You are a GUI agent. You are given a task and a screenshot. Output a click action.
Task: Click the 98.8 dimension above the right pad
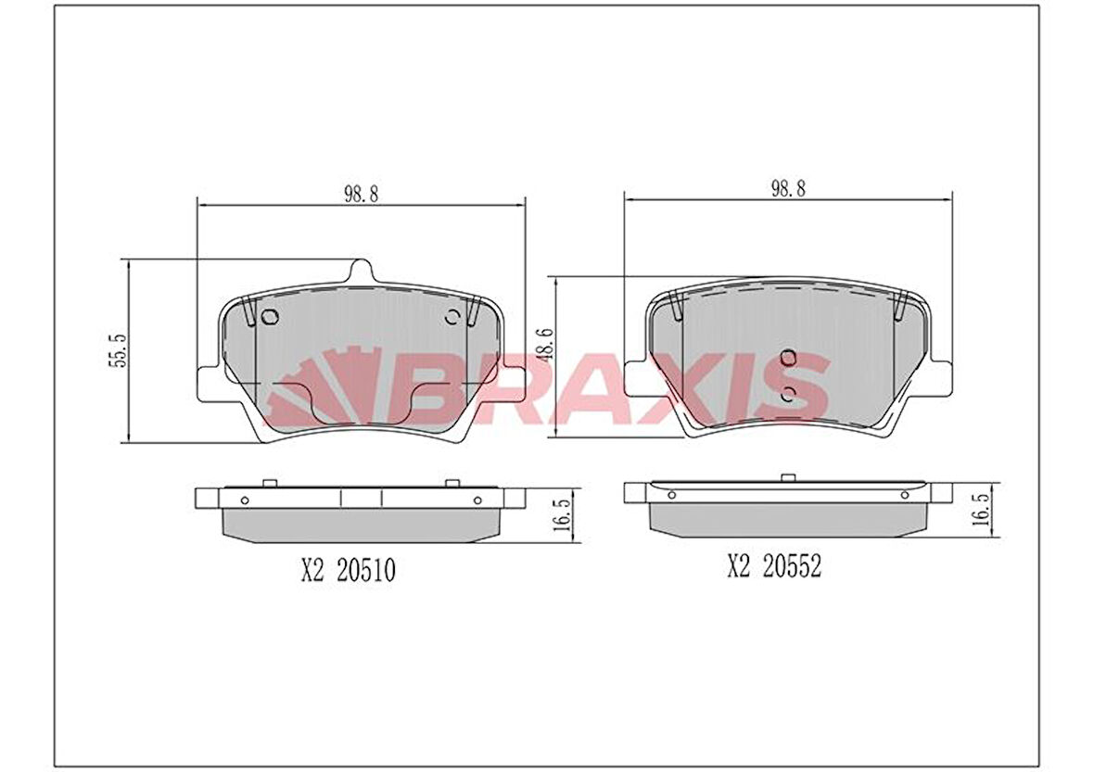point(787,188)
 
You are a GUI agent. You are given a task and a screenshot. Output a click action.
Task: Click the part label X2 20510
point(348,572)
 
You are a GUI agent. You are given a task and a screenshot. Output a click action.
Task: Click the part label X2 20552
point(774,567)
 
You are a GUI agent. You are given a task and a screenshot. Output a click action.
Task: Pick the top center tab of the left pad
point(362,271)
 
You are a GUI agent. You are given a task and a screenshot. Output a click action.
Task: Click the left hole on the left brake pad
point(270,318)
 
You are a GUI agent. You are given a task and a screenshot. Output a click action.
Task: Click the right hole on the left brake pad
point(452,318)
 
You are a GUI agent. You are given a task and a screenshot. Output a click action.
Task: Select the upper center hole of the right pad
point(788,358)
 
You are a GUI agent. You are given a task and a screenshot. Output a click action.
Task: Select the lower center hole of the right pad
point(788,394)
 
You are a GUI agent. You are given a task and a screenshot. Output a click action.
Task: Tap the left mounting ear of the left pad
point(209,382)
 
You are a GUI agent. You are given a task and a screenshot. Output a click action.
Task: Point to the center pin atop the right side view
point(788,478)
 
